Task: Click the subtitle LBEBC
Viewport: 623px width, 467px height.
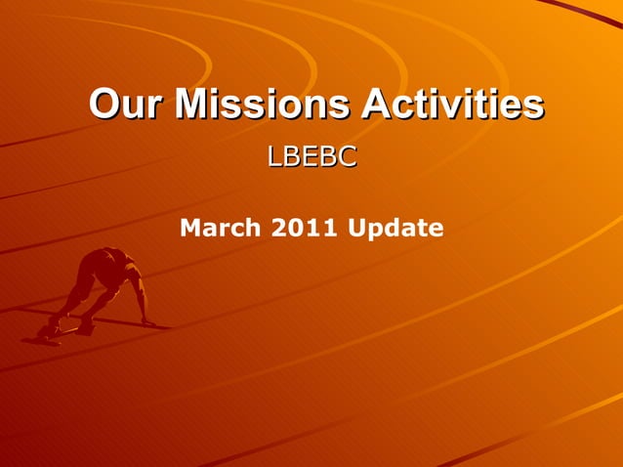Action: click(x=311, y=156)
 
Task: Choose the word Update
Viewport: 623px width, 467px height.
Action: click(x=391, y=229)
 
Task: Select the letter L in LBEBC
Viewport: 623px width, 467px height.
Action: click(x=274, y=156)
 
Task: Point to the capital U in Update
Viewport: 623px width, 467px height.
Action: click(x=353, y=229)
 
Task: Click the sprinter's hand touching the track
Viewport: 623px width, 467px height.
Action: click(x=147, y=321)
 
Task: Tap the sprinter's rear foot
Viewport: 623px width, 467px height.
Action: click(x=44, y=333)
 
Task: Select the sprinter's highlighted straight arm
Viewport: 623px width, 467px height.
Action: click(x=138, y=295)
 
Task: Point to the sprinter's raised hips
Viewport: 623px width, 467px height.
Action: click(x=94, y=262)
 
